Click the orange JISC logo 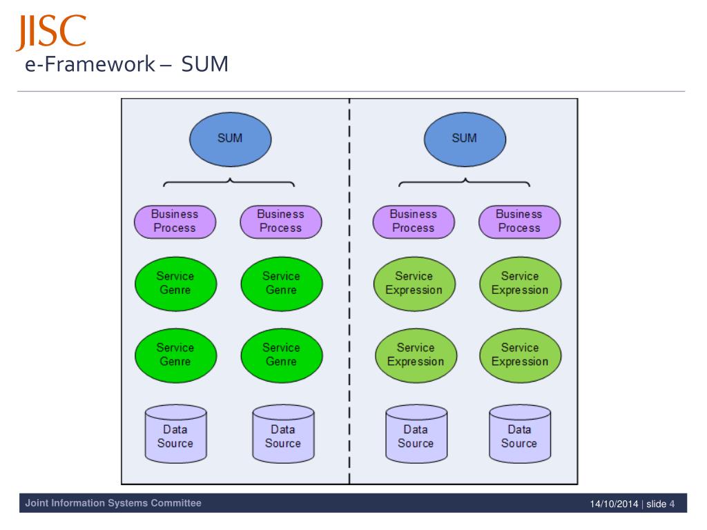(x=51, y=32)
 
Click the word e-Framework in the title (x=90, y=64)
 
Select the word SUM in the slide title (x=204, y=64)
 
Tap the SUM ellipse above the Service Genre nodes (x=231, y=139)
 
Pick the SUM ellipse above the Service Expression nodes (x=465, y=139)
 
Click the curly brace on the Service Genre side (x=229, y=182)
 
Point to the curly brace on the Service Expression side (x=465, y=182)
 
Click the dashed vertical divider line (x=349, y=291)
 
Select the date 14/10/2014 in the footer (x=614, y=504)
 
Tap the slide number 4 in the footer (x=672, y=504)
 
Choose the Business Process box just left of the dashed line (x=281, y=222)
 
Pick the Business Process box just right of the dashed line (x=414, y=222)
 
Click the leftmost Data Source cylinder (x=176, y=433)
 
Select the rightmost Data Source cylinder (x=520, y=433)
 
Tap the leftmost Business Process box (x=175, y=222)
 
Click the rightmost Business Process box (x=519, y=222)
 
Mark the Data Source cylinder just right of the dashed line (x=416, y=433)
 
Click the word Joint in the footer (x=37, y=503)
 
